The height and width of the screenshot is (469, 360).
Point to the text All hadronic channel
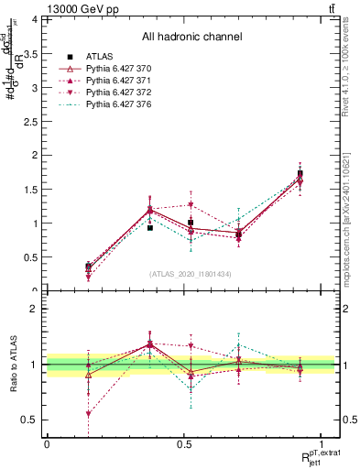coord(191,37)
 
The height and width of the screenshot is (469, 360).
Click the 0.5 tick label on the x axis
coord(184,444)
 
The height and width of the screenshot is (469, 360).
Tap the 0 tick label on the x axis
coord(47,444)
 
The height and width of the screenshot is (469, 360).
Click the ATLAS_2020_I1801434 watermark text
coord(191,274)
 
